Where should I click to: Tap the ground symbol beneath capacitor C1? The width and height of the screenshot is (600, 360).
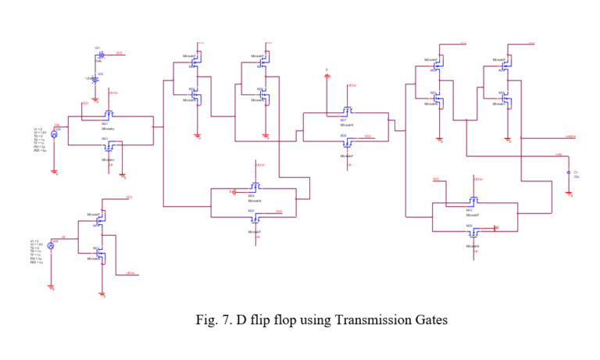[570, 195]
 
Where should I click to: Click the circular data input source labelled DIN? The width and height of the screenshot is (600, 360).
[55, 134]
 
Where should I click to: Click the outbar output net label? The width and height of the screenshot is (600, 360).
[570, 137]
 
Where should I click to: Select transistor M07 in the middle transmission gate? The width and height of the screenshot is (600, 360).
[348, 111]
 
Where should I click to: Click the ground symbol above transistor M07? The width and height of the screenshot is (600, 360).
[327, 76]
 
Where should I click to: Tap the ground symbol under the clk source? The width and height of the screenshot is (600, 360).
[52, 287]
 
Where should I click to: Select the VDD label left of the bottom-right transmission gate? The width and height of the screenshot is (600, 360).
[436, 180]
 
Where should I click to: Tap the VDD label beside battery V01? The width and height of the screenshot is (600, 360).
[119, 53]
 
